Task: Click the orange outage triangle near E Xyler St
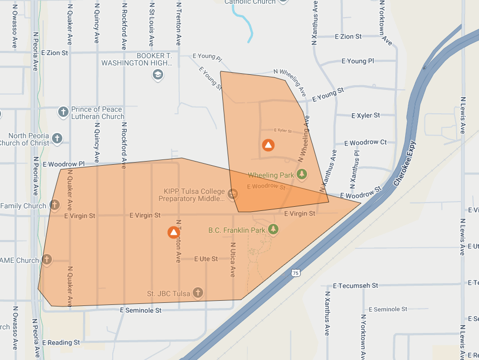268,145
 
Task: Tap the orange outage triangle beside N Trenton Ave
174,232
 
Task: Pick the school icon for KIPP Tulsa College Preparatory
233,194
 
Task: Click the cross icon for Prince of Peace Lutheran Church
63,112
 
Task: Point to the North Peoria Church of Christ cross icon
57,138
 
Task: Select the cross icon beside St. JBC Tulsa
197,293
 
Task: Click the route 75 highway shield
295,273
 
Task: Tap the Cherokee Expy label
405,164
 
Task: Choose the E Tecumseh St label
355,286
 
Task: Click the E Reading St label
61,342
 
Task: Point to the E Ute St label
206,259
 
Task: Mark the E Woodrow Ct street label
365,142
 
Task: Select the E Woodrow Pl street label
63,164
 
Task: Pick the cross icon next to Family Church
55,205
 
